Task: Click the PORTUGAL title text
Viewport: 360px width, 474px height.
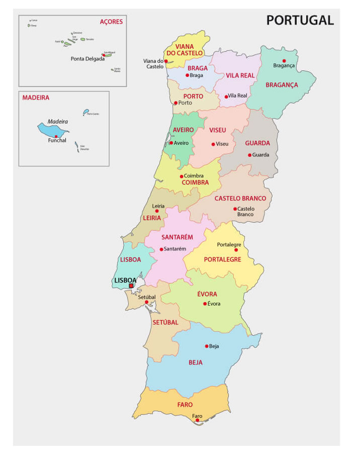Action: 300,20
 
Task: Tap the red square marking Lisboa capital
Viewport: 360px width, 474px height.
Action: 131,286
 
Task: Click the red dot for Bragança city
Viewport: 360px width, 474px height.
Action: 284,60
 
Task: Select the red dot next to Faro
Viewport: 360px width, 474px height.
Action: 198,420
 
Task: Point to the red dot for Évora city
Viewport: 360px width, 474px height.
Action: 205,304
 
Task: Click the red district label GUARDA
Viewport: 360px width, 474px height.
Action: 257,143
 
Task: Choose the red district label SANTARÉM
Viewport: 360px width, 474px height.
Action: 177,237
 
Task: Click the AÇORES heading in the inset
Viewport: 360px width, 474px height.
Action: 111,22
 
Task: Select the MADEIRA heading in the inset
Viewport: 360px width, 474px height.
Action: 36,98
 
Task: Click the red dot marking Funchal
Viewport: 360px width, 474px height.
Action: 56,136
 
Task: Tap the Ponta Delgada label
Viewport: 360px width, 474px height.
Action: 87,58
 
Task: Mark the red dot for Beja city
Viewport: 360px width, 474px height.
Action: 206,346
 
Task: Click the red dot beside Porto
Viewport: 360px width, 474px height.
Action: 175,103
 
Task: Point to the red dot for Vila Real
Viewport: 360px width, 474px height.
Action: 226,96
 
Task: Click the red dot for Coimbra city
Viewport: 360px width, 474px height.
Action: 182,176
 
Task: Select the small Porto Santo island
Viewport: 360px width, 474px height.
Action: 86,112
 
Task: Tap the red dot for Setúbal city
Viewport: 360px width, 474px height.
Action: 146,302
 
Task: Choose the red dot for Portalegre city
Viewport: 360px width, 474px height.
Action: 236,250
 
